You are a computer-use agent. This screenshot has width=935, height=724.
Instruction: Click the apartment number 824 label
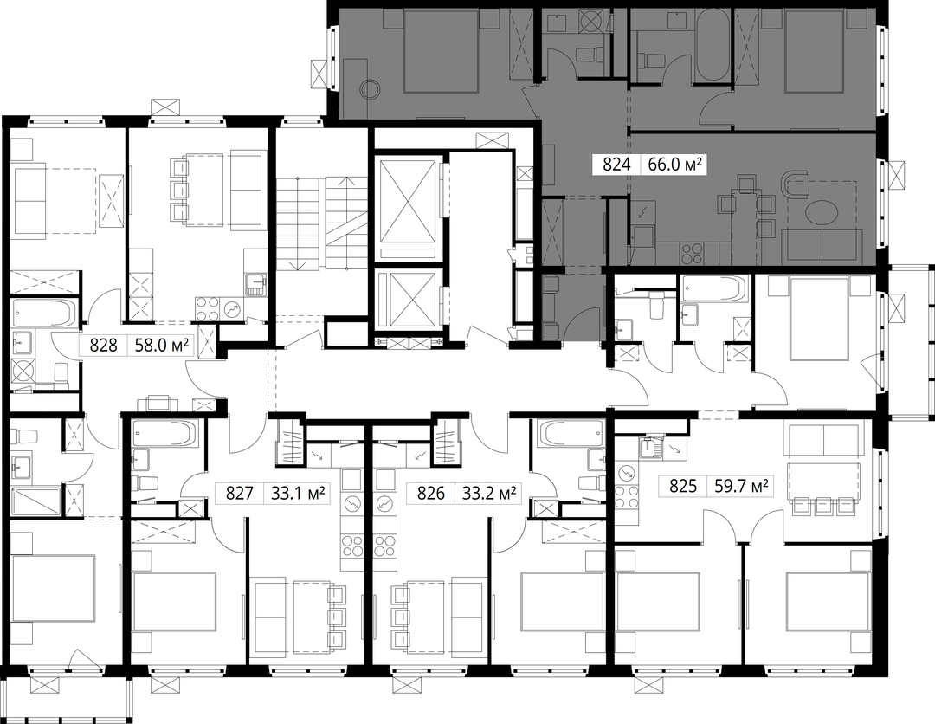[616, 165]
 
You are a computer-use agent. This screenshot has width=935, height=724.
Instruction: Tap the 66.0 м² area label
[674, 165]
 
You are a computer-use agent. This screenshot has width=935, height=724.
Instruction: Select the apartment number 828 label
[102, 346]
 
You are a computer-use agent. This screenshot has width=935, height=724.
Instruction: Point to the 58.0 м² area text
[162, 346]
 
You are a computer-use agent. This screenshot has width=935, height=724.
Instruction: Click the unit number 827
[239, 494]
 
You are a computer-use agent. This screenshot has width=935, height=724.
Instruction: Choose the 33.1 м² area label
[298, 494]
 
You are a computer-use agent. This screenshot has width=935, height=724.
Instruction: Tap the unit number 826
[430, 494]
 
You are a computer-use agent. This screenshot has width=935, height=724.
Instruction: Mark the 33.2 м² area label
[489, 494]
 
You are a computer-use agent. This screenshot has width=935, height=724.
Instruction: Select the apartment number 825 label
[683, 487]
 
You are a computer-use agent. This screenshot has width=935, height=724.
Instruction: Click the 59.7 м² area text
[740, 487]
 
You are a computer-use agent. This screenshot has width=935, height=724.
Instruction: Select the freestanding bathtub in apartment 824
[713, 45]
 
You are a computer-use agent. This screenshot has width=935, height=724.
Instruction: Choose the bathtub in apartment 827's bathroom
[164, 434]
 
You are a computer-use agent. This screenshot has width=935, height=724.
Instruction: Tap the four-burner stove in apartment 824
[693, 254]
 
